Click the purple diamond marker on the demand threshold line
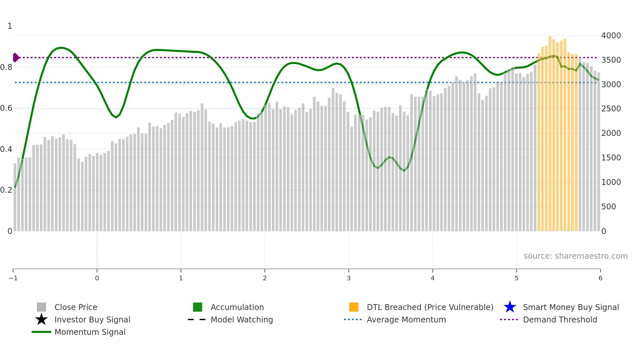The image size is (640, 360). pos(16,57)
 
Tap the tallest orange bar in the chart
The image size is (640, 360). pos(550,131)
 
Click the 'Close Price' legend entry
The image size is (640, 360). pos(76,307)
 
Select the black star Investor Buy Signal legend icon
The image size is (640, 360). pos(41,319)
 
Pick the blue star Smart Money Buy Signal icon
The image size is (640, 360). pos(510,307)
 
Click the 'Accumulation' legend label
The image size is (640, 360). pos(237,307)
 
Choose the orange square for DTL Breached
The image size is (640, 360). pos(354,307)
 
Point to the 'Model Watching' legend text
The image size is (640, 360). pos(242,319)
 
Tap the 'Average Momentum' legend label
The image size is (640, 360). pos(406,319)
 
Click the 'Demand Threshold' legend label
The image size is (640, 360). pos(560,319)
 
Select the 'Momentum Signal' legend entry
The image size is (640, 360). pos(90,332)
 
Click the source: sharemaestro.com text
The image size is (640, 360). pos(575,256)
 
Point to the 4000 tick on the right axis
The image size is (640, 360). pos(611,35)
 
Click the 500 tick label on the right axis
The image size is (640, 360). pos(609,206)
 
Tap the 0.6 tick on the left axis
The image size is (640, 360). pos(6,108)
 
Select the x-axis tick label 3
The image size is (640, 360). pos(349,278)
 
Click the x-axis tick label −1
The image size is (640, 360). pos(13,278)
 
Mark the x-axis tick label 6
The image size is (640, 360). pos(600,278)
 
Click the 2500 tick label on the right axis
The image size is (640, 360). pos(611,109)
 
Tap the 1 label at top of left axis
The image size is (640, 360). pos(10,26)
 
